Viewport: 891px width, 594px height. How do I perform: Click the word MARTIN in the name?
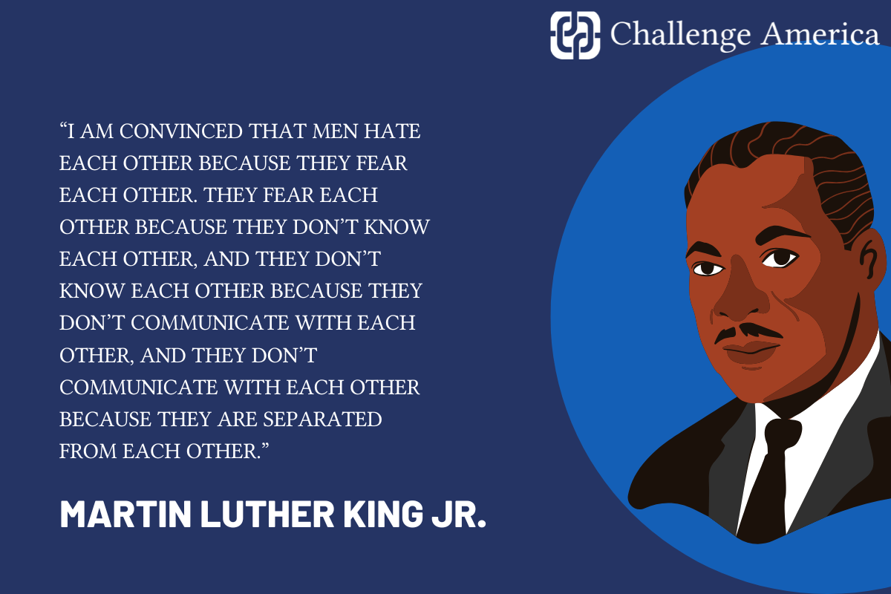[120, 513]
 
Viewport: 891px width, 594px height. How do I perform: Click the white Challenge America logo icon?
[575, 34]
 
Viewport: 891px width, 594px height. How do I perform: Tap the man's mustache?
[746, 331]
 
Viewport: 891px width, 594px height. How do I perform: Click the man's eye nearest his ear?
[780, 258]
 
